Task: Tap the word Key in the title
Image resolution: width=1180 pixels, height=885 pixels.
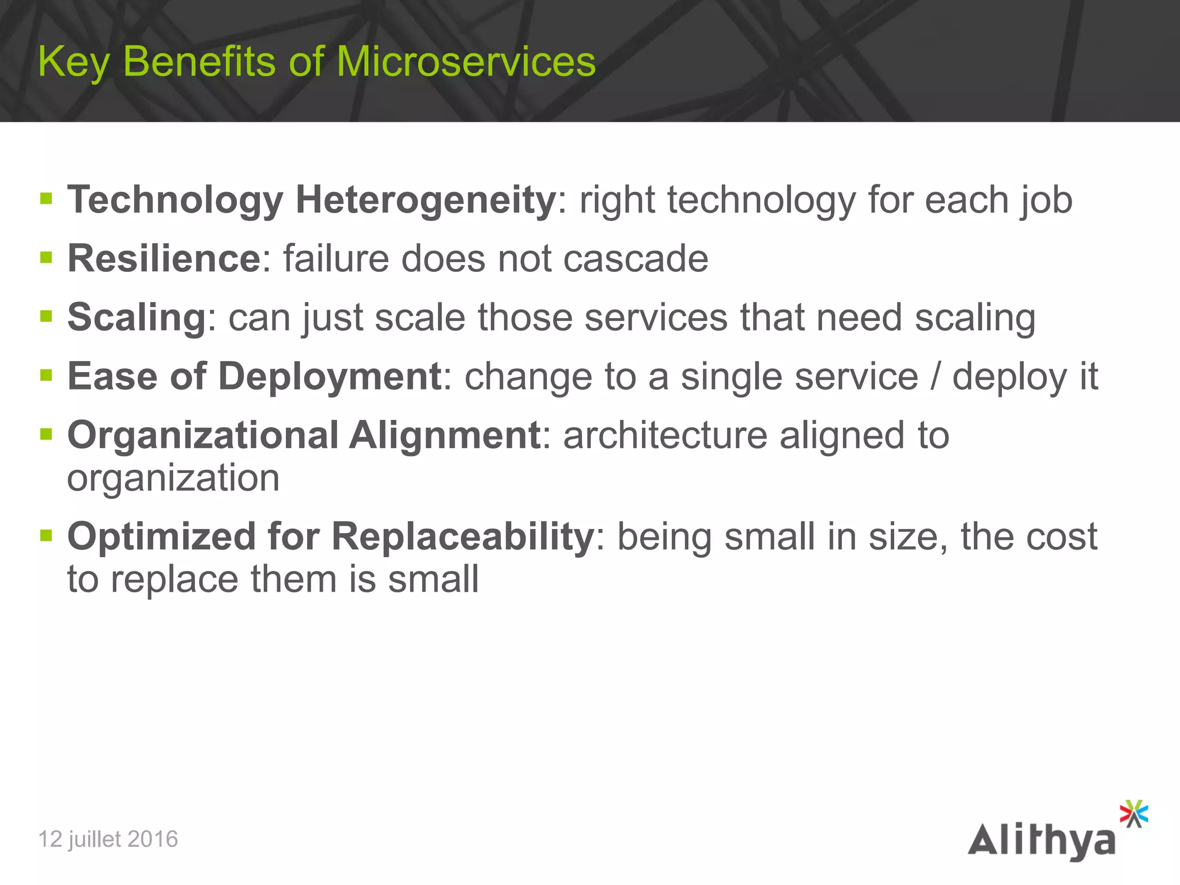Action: pos(73,62)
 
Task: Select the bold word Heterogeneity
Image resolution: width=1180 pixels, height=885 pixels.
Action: pos(425,200)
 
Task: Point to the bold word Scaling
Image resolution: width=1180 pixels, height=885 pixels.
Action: pos(137,317)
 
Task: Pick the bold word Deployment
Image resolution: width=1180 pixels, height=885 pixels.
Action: pos(330,376)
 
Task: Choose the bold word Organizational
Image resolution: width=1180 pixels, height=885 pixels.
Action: pos(203,435)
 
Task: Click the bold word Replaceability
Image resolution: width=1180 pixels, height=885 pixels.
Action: pos(463,536)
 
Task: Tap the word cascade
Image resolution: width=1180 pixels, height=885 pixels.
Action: pos(636,258)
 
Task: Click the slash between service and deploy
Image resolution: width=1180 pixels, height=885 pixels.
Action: pos(935,376)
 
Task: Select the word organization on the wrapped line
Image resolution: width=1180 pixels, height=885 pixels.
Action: pos(173,478)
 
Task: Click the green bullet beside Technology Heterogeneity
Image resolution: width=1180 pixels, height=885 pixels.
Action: pos(47,199)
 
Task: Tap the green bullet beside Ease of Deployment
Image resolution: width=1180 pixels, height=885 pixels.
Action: pos(47,376)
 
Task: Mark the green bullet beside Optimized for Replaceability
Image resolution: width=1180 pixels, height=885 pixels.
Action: pos(47,536)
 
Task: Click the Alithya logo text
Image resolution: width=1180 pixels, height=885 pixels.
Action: pos(1041,841)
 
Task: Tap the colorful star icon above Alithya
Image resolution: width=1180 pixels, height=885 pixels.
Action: pos(1133,814)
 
